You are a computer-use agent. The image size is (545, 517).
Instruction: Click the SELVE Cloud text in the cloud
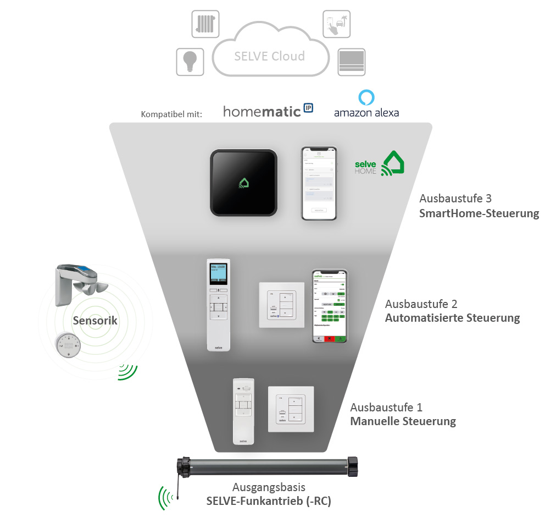[x=269, y=56]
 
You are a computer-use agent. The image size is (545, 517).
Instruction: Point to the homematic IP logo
[x=268, y=111]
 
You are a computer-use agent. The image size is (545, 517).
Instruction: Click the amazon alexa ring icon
[x=366, y=97]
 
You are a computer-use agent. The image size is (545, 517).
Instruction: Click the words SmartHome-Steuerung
[x=479, y=213]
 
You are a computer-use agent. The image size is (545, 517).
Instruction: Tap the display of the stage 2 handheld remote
[x=218, y=273]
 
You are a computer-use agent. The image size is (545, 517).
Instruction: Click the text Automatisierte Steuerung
[x=452, y=318]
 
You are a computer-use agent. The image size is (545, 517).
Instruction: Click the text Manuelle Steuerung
[x=403, y=422]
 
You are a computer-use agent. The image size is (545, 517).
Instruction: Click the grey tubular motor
[x=268, y=466]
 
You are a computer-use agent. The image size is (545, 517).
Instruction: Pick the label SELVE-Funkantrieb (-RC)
[x=269, y=501]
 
